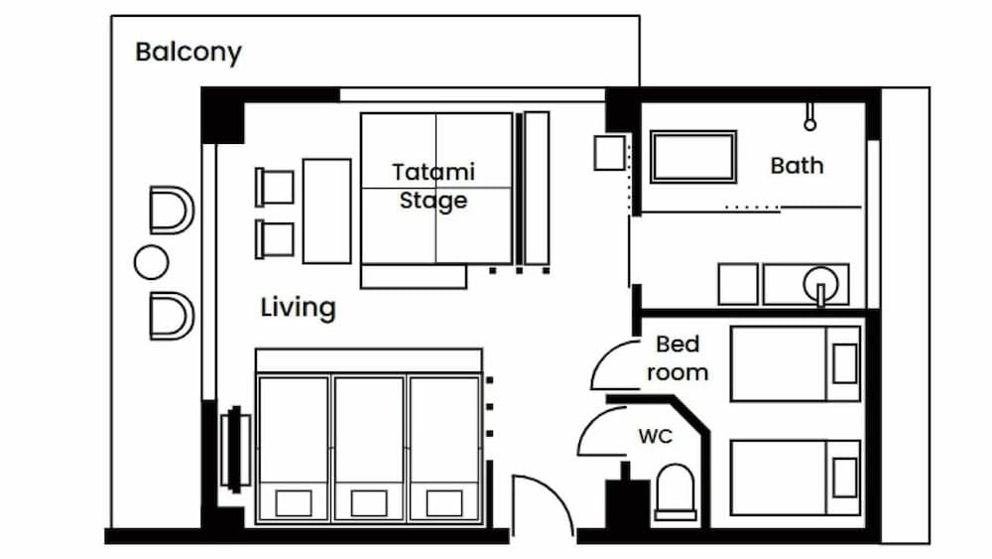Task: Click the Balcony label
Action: tap(188, 53)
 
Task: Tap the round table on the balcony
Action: tap(151, 262)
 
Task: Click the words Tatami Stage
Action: tap(434, 186)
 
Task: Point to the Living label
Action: tap(298, 308)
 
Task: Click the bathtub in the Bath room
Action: tap(692, 157)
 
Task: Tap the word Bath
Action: tap(798, 166)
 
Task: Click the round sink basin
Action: tap(820, 284)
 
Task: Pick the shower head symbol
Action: tap(809, 118)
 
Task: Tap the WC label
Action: tap(655, 436)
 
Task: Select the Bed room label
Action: tap(677, 358)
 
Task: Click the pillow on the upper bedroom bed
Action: tap(844, 364)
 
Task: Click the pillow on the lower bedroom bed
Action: tap(844, 478)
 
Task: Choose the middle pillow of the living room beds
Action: tap(369, 503)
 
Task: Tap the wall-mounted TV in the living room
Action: tap(235, 450)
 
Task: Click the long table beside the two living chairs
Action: tap(326, 210)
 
